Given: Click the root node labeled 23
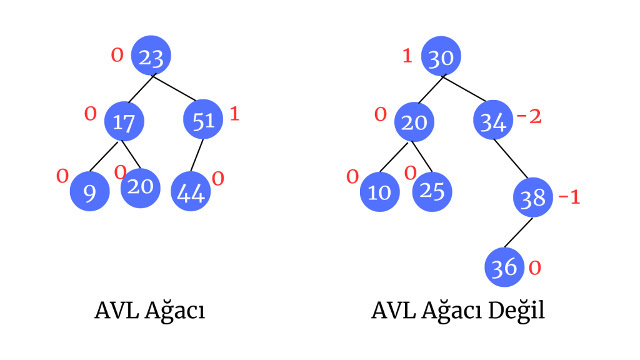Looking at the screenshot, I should pyautogui.click(x=151, y=57).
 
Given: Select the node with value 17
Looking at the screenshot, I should pyautogui.click(x=124, y=121).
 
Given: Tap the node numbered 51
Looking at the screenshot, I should pyautogui.click(x=204, y=119).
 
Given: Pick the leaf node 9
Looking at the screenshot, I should pyautogui.click(x=89, y=193).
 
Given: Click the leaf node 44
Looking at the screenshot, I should pyautogui.click(x=191, y=193).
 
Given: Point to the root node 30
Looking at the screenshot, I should pyautogui.click(x=441, y=57).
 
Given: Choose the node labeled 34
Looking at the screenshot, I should pyautogui.click(x=494, y=121).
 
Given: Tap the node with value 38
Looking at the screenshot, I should pyautogui.click(x=533, y=198).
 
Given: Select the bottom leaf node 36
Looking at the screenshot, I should pyautogui.click(x=504, y=267).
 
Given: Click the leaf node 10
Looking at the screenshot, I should pyautogui.click(x=379, y=191).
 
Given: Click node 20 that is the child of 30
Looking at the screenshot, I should pyautogui.click(x=414, y=121).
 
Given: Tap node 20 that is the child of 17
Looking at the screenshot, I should pyautogui.click(x=140, y=185).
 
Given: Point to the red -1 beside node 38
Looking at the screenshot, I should pyautogui.click(x=569, y=197).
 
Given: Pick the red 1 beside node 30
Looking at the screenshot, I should pyautogui.click(x=407, y=56).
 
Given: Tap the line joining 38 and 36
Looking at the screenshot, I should pyautogui.click(x=518, y=233).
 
